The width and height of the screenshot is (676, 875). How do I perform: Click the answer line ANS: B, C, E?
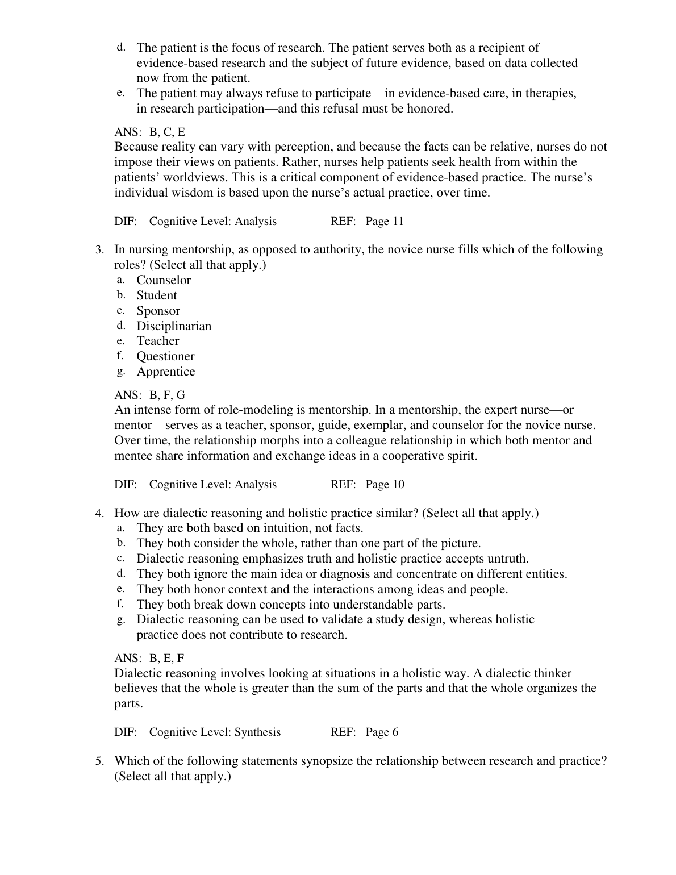coord(150,132)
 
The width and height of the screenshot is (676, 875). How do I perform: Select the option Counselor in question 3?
coord(164,280)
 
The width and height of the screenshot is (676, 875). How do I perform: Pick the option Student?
coord(156,295)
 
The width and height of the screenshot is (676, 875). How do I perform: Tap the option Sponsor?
coord(158,311)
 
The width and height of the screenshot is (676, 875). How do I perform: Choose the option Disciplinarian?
coord(174,326)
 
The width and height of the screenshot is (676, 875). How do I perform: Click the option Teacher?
coord(157,341)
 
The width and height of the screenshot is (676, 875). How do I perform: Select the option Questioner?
coord(165,356)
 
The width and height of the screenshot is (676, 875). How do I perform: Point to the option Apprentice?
coord(165,372)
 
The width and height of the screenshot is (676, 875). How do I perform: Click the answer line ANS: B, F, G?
coord(150,395)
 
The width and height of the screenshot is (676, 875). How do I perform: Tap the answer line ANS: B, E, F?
coord(149,658)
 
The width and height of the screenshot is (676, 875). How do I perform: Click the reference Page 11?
coord(385,222)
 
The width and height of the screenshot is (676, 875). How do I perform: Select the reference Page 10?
coord(385,485)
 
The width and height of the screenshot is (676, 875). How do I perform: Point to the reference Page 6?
coord(382,732)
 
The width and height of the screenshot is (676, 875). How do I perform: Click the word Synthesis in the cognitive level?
coord(257,732)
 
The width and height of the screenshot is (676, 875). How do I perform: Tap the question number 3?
coord(99,250)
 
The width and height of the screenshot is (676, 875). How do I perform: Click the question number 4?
coord(99,514)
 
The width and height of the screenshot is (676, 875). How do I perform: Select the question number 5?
coord(99,761)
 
